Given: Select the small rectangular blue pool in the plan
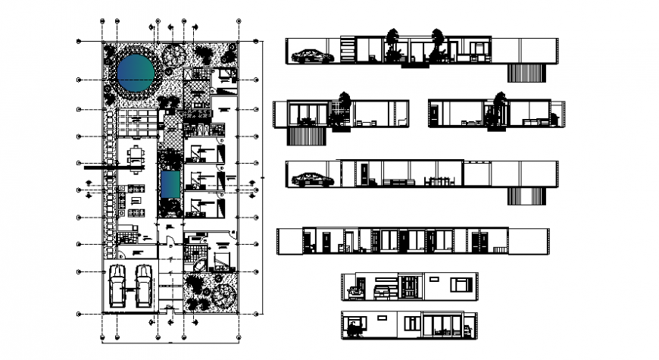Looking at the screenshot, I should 170,183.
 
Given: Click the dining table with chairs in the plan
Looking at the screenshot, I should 136,158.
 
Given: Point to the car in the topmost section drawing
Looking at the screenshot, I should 311,55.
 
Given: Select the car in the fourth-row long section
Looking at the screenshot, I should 311,180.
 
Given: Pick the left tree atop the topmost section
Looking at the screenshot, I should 392,36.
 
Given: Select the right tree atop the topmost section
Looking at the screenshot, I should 437,36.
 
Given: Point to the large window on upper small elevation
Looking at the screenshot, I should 461,284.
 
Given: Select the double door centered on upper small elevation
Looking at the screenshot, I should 409,288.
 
